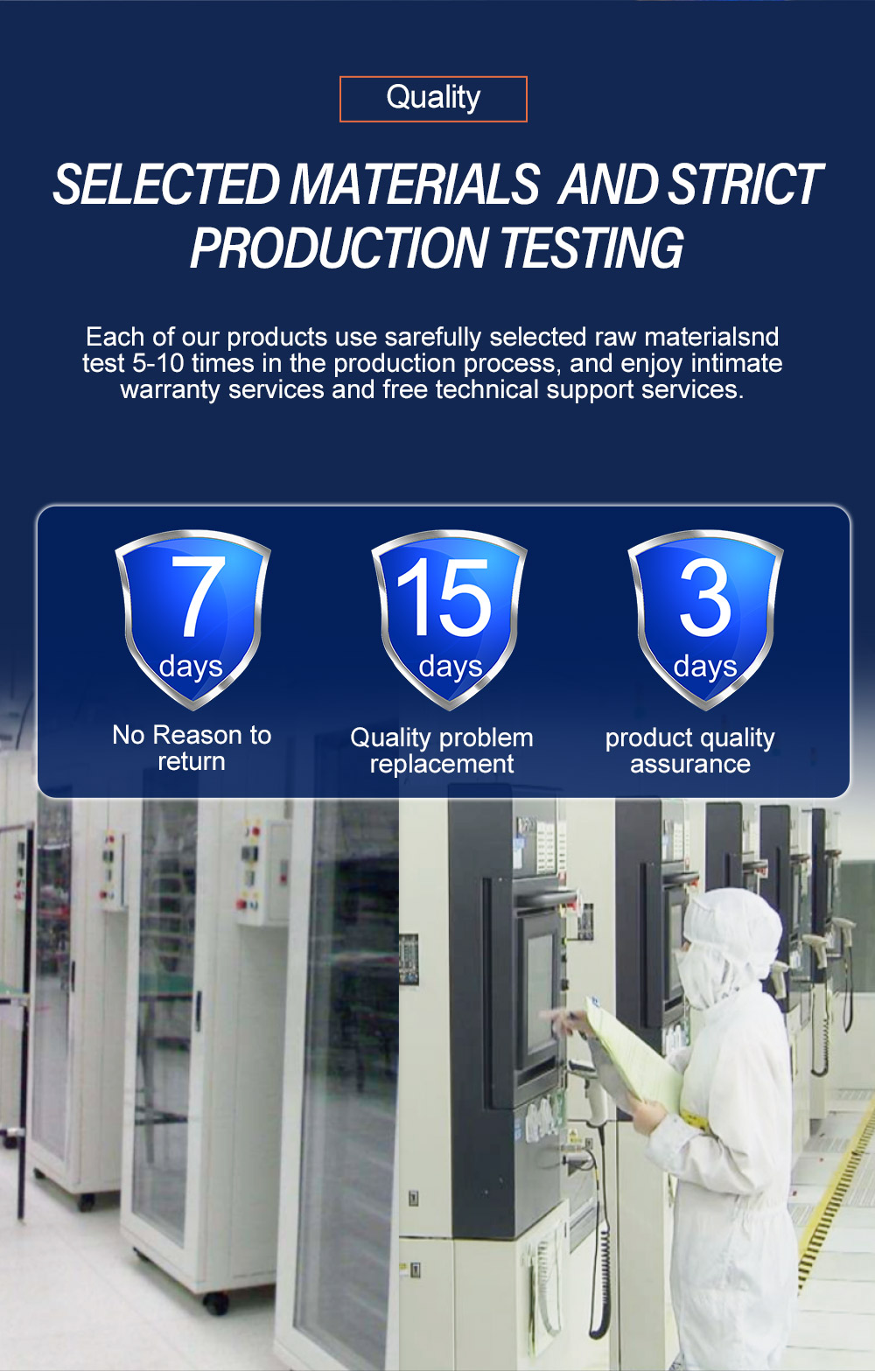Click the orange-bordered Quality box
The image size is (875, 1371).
[433, 99]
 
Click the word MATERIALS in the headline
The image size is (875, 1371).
[415, 184]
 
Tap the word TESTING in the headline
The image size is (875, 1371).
[591, 248]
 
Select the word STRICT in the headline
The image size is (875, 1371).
[745, 184]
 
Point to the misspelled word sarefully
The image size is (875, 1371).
[433, 337]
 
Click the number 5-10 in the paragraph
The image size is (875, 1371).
[158, 364]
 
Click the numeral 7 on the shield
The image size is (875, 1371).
[198, 596]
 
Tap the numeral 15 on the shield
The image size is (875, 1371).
[444, 596]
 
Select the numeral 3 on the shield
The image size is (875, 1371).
[705, 597]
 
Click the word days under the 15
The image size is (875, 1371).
[451, 668]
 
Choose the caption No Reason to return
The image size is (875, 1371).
[192, 748]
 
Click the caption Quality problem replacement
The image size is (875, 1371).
[442, 751]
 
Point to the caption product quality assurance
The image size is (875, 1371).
[690, 751]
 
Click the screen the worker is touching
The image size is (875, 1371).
[540, 984]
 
